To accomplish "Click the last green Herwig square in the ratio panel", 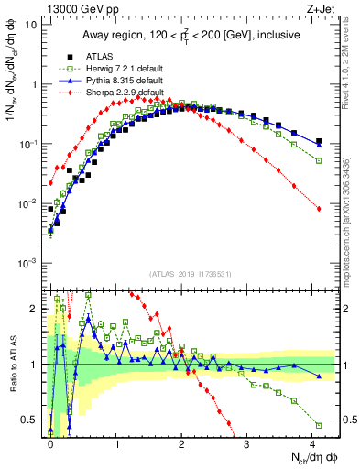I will pos(319,425).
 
